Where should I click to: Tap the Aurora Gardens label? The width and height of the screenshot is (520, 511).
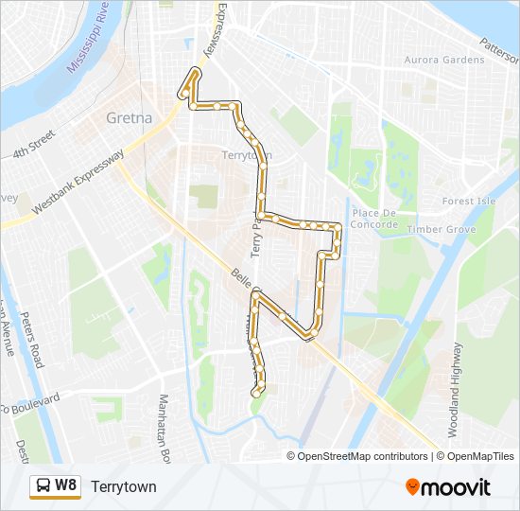[444, 60]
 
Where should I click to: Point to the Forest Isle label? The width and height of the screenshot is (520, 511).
[469, 202]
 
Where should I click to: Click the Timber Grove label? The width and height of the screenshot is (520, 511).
[442, 230]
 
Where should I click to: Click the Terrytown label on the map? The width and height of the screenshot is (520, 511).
[247, 154]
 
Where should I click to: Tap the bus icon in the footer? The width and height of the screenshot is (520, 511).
[43, 485]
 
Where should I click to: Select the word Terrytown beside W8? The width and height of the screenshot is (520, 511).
[124, 486]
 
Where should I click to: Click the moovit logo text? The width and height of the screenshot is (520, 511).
[457, 487]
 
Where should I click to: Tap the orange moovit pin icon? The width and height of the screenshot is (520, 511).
[413, 487]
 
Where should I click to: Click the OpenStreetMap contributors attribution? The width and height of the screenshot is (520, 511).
[363, 456]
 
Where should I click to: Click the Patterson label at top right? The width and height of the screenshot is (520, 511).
[499, 44]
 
